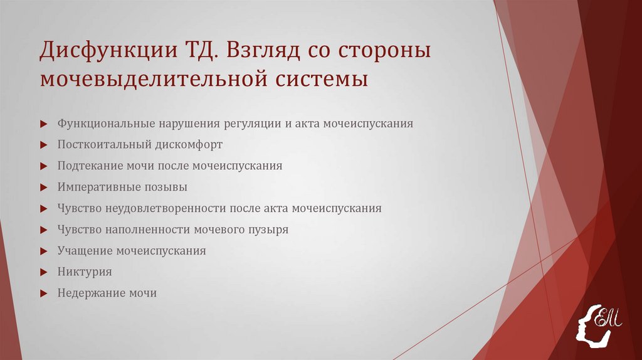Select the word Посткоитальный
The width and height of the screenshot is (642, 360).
click(102, 144)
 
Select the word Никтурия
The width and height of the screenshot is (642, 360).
click(84, 272)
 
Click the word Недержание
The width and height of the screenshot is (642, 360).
click(88, 293)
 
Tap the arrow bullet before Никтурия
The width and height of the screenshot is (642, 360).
click(42, 272)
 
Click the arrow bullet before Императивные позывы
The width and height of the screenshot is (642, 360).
click(42, 187)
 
